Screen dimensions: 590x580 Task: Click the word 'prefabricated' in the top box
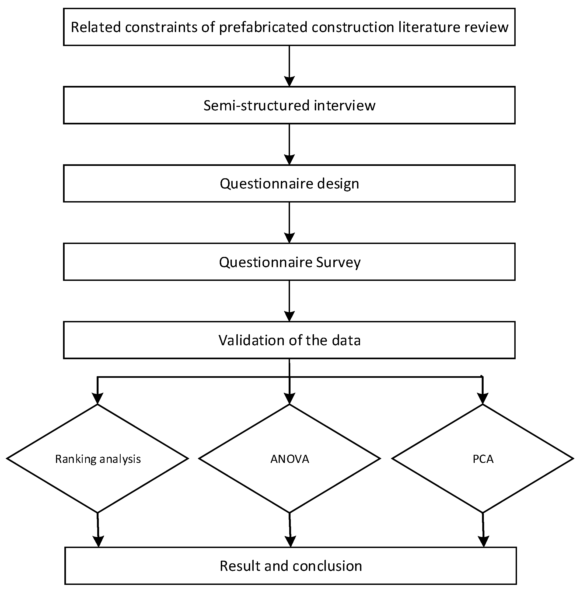(x=264, y=27)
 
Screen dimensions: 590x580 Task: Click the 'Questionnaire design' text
(x=289, y=184)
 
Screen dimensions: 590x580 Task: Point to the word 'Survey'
(x=338, y=262)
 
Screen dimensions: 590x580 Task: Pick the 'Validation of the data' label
(x=289, y=340)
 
